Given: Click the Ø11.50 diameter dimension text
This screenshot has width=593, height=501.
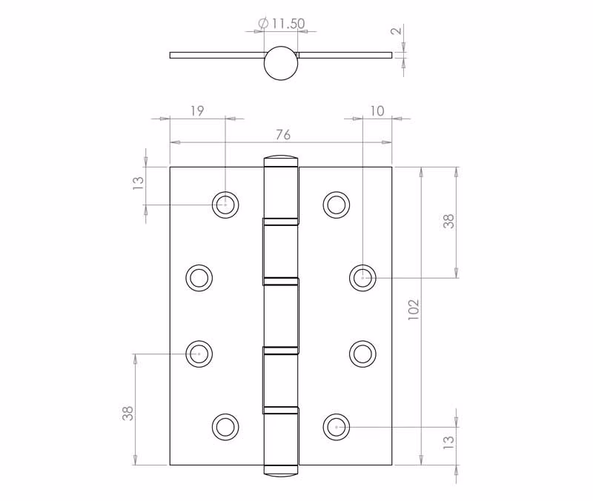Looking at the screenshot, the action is click(282, 24).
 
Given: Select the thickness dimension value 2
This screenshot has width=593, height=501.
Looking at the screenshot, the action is click(396, 30).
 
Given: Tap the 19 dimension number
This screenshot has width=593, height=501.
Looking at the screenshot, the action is click(197, 110).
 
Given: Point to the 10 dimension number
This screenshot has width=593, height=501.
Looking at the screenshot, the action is click(377, 110).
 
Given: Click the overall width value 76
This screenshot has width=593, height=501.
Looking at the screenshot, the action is click(283, 135).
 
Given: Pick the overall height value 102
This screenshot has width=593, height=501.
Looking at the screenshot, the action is click(414, 310).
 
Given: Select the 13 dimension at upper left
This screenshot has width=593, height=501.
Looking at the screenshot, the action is click(139, 183).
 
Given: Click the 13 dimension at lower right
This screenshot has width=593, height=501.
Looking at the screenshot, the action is click(448, 442).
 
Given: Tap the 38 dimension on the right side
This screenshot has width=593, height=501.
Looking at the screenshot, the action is click(448, 221).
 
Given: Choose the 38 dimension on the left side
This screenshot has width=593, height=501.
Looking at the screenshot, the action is click(127, 414).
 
